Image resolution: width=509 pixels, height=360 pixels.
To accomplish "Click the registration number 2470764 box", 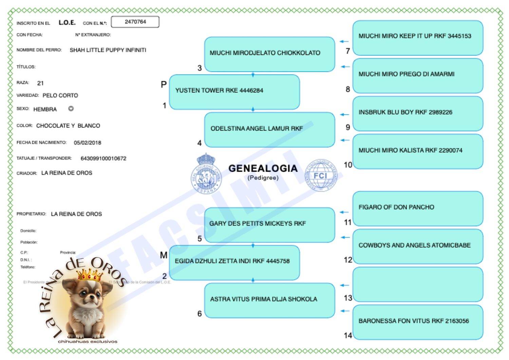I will [135, 22].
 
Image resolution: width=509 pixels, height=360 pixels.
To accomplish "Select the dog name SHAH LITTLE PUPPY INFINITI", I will [108, 50].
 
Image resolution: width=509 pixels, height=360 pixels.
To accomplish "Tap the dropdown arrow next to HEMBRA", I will [71, 109].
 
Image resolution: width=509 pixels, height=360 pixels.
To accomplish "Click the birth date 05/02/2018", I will [88, 143].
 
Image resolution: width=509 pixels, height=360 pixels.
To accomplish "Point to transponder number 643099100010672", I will [103, 158].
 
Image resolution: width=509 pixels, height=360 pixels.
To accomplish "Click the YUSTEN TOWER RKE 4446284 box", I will [234, 92].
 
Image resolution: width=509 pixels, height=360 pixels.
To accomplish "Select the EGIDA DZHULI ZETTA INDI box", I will [234, 262].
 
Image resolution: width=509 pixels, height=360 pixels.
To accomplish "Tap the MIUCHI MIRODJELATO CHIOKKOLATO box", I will [269, 54].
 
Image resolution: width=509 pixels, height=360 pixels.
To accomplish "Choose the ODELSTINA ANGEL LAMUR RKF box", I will [269, 130].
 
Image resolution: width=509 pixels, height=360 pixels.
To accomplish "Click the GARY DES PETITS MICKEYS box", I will [269, 225].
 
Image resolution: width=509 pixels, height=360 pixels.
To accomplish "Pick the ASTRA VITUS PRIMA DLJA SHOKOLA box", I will [269, 300].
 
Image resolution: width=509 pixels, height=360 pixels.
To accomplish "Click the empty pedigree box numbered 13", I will [417, 284].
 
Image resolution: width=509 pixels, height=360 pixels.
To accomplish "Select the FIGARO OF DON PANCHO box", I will [417, 208].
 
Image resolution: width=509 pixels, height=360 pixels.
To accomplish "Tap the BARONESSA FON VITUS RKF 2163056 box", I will [417, 322].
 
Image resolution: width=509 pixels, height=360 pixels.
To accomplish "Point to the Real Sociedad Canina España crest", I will [206, 174].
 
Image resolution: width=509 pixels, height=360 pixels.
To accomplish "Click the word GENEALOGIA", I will [263, 168].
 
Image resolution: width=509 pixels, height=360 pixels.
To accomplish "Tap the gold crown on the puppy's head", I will [90, 274].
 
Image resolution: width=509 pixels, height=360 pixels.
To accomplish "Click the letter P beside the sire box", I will [164, 84].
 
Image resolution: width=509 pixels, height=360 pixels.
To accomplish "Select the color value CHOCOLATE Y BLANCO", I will [68, 126].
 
